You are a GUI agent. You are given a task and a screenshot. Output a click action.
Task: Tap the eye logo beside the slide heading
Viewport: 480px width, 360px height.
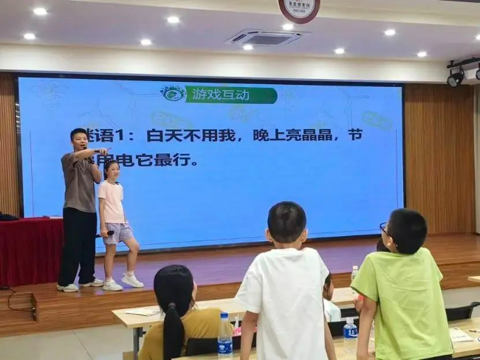(173, 93)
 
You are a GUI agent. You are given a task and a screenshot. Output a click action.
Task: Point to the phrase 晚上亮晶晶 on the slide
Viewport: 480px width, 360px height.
(285, 136)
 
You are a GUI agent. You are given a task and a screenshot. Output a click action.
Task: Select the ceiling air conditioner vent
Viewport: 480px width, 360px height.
(264, 38)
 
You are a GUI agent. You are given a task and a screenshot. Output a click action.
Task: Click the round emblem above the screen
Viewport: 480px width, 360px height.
(298, 9)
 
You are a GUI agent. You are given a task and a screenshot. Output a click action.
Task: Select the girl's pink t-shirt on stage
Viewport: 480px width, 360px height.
(112, 201)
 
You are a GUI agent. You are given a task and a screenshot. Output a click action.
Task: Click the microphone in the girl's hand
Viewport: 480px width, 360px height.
(108, 234)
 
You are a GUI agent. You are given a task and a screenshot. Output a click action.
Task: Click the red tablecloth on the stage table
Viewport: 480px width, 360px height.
(30, 251)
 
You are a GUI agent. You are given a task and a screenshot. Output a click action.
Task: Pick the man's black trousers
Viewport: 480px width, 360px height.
(78, 243)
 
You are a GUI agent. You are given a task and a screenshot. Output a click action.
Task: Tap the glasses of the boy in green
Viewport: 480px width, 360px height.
(384, 228)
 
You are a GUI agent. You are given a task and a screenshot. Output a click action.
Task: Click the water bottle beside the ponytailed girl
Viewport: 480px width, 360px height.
(224, 336)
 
